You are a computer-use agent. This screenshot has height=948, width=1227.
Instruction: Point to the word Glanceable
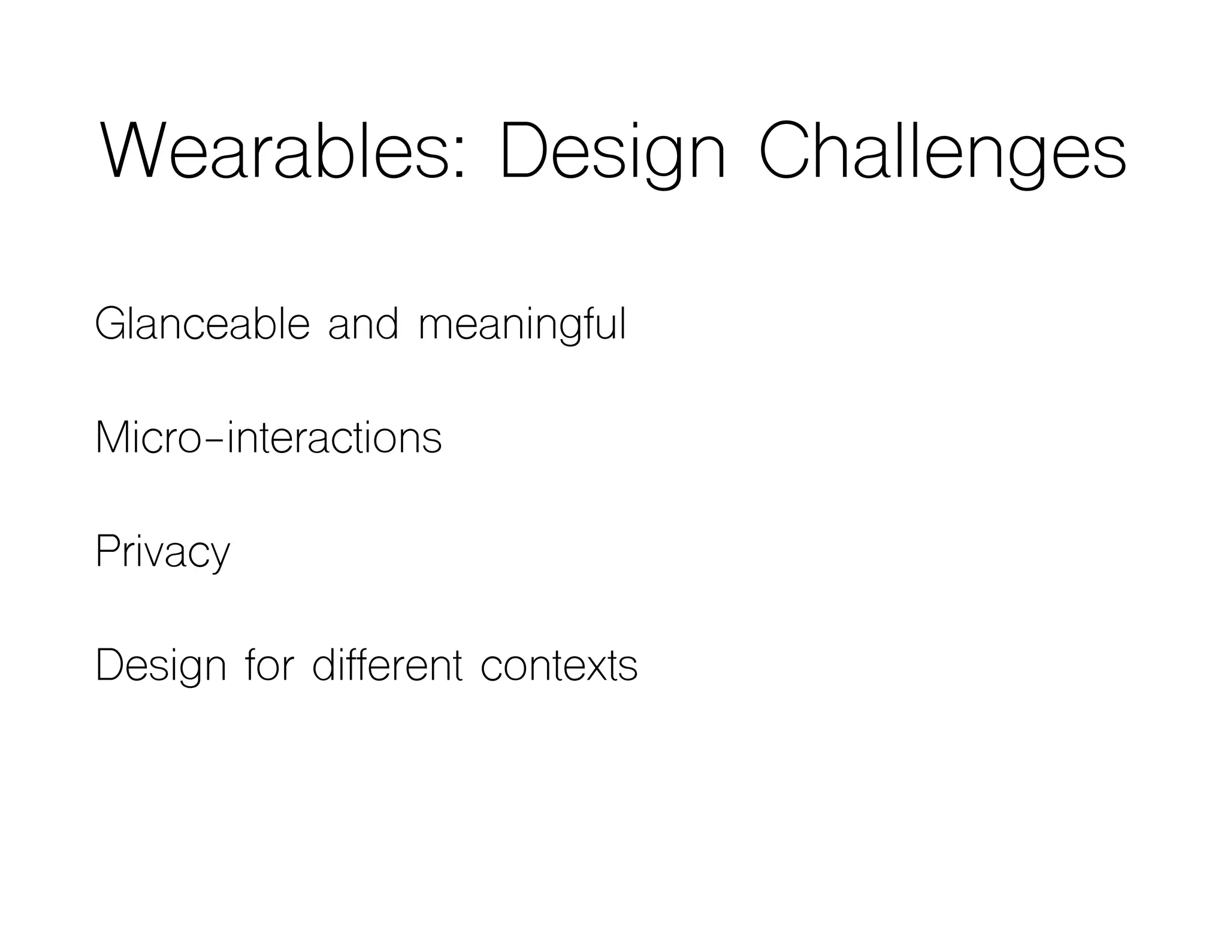202,324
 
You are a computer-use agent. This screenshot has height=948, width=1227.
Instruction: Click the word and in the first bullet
363,324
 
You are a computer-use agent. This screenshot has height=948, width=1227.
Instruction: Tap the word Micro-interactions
268,437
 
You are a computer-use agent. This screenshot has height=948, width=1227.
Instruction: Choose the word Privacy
162,551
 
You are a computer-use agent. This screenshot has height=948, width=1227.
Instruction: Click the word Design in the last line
161,666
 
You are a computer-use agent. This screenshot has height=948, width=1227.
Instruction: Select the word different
388,665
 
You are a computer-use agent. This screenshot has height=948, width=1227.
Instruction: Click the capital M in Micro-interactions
113,437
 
